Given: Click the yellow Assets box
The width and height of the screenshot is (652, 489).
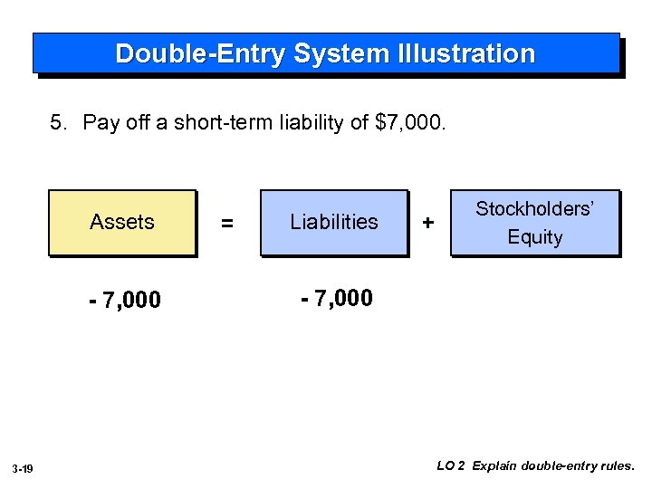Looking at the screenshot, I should pyautogui.click(x=121, y=223).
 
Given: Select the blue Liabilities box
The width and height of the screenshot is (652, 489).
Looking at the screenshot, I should pyautogui.click(x=333, y=223).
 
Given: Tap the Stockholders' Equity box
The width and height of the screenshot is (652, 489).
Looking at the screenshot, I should pyautogui.click(x=534, y=223).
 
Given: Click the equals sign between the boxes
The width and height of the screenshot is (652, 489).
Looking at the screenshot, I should pyautogui.click(x=227, y=224).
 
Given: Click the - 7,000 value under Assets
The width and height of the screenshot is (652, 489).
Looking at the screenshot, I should pyautogui.click(x=125, y=301).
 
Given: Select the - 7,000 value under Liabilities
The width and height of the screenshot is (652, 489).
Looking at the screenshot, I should pyautogui.click(x=336, y=297).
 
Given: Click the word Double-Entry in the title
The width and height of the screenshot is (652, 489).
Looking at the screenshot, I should pyautogui.click(x=200, y=54).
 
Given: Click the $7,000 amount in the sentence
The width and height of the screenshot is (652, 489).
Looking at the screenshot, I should pyautogui.click(x=409, y=122).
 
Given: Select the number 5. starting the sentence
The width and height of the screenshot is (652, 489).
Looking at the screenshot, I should pyautogui.click(x=59, y=122).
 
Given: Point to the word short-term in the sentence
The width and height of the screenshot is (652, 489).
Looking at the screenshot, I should pyautogui.click(x=225, y=122).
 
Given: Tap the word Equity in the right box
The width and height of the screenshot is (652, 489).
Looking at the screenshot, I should pyautogui.click(x=534, y=237).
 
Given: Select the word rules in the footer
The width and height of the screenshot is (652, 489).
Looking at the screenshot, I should pyautogui.click(x=618, y=466).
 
